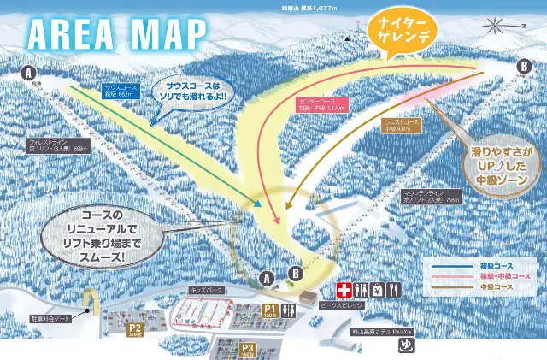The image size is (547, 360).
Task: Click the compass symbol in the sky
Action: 494,25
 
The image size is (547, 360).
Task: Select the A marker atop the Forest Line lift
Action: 30,74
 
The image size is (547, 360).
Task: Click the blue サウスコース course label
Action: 121,91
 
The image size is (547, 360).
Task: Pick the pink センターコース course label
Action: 321,105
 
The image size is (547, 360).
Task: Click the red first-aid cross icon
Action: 344,289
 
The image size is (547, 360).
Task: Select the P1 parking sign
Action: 269,311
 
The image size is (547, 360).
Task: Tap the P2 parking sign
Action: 134,328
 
